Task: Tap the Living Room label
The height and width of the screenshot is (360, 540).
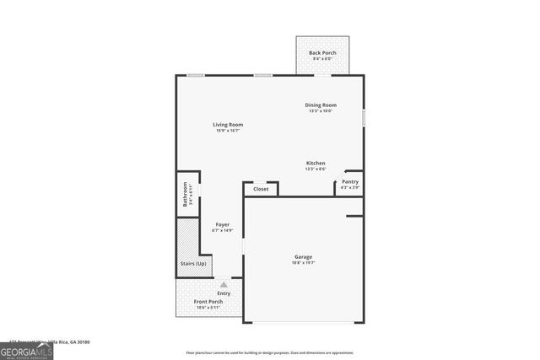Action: [235, 125]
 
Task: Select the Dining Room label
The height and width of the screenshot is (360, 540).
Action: [321, 105]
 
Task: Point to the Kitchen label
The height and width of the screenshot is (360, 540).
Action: [316, 163]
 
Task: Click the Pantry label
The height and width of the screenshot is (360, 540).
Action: [350, 181]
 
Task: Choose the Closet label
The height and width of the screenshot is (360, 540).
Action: [262, 189]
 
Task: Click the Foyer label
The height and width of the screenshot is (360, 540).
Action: [223, 224]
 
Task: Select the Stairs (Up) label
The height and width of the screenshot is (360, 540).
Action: [192, 264]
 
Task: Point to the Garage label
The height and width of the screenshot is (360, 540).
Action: [304, 256]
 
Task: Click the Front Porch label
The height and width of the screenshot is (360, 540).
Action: [208, 301]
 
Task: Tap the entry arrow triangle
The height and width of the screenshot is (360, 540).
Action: [224, 284]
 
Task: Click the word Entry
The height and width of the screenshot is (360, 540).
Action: [224, 293]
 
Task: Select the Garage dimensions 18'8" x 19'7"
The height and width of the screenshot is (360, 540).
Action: [304, 262]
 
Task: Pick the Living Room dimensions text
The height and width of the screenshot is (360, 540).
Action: [235, 131]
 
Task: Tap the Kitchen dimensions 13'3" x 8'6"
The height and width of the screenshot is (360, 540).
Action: [316, 169]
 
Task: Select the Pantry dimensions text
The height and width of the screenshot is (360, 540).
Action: [350, 187]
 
